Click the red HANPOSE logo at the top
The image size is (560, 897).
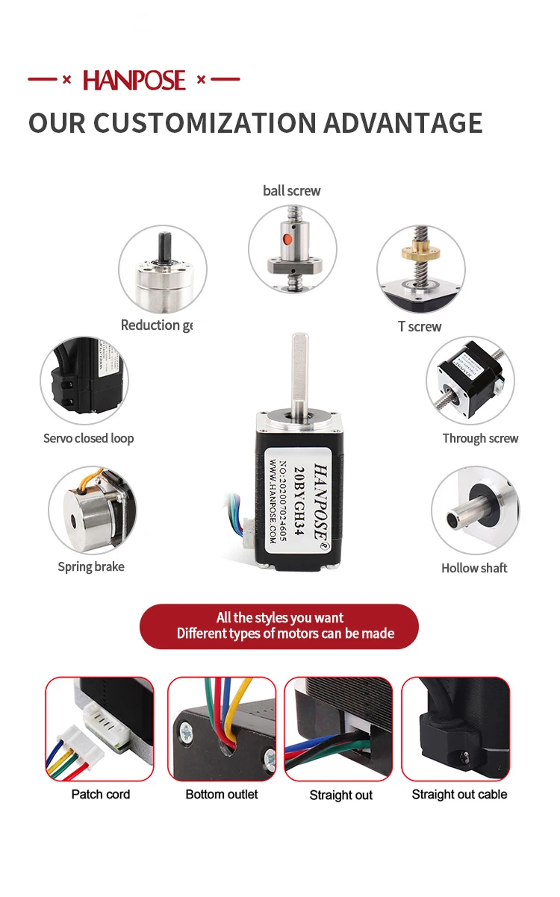pos(134,80)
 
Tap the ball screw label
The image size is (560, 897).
pos(291,191)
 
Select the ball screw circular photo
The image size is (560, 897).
pos(292,249)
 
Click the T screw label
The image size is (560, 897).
pos(420,327)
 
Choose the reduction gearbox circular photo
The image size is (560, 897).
pos(163,269)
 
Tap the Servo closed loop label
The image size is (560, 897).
pos(88,439)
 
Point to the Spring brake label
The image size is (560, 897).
pos(91,567)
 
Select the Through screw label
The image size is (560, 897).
pos(480,439)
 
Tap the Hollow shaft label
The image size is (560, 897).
pos(474,568)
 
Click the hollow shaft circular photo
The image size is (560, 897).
pos(476,511)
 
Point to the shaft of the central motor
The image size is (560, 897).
pos(297,369)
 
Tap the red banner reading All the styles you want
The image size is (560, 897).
pos(279,626)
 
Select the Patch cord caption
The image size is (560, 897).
pos(101,794)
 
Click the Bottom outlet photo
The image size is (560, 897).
pos(222,728)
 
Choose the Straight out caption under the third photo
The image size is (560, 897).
pos(341,796)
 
